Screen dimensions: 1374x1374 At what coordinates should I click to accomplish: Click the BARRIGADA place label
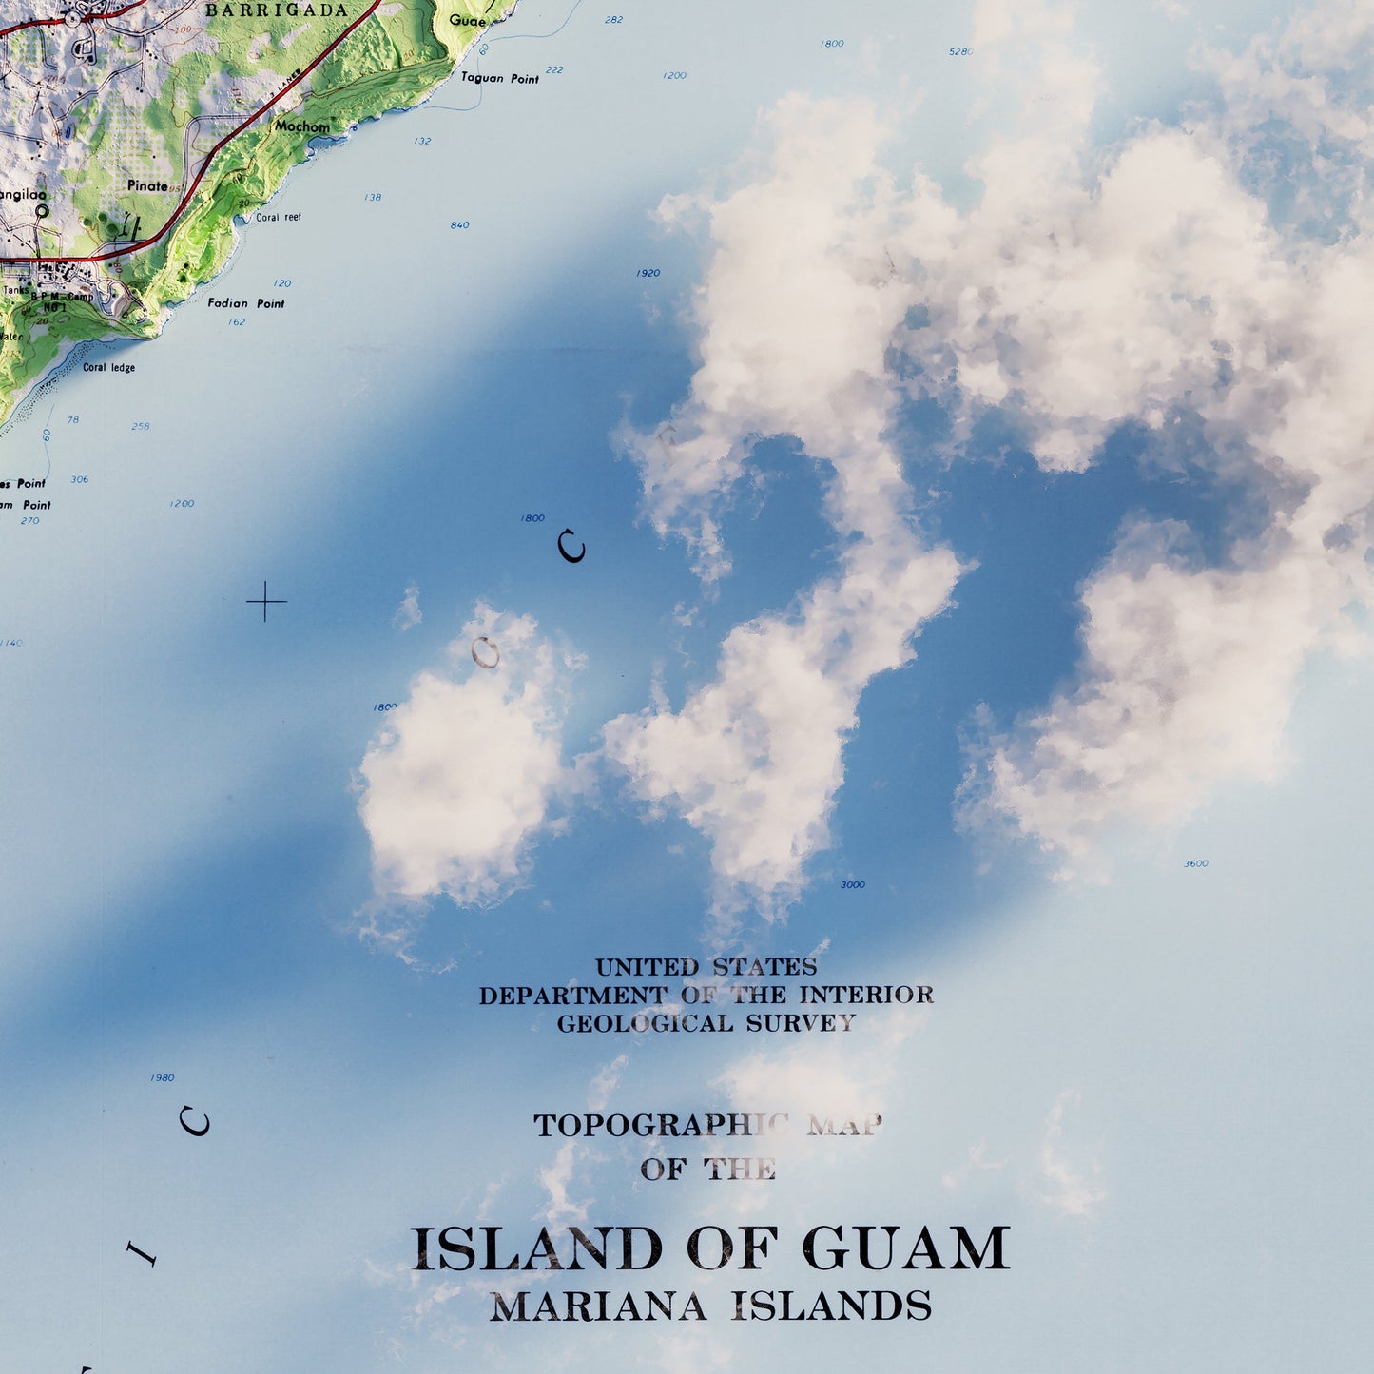277,10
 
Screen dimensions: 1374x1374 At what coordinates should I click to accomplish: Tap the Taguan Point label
500,78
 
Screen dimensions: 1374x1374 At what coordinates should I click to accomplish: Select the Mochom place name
302,126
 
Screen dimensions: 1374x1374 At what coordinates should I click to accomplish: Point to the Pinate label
147,185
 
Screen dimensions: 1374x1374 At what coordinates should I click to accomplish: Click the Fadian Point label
246,303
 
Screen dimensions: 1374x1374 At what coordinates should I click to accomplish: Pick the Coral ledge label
108,368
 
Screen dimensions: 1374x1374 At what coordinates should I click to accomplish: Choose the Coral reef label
279,218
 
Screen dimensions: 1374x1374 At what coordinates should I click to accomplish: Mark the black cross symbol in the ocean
266,602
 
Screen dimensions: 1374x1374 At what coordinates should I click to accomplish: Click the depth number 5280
960,51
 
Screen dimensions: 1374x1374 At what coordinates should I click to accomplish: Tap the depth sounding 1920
648,274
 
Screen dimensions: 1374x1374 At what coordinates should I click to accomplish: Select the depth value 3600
1195,863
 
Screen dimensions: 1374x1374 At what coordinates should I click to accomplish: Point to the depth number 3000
853,885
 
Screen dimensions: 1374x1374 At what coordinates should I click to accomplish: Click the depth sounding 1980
163,1078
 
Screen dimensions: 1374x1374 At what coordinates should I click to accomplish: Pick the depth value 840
460,225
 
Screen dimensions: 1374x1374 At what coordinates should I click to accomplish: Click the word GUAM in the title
905,1248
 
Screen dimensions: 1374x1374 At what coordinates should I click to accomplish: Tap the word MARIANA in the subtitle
598,1307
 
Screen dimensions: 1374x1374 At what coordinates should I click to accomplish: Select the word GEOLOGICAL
645,1024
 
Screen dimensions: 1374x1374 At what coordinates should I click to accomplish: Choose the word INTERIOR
866,996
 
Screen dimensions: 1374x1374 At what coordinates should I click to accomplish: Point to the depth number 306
80,479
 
